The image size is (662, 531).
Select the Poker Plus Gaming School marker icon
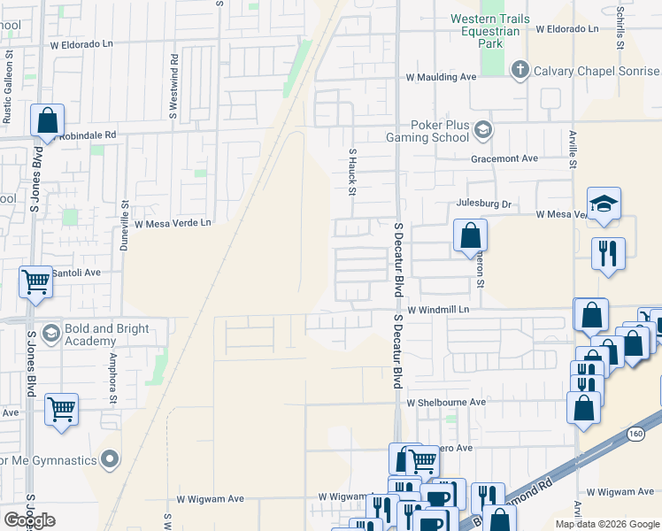pyautogui.click(x=482, y=131)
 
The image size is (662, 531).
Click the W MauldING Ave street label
pyautogui.click(x=442, y=78)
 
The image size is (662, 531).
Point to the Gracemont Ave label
pyautogui.click(x=504, y=158)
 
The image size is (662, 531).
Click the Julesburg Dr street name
pyautogui.click(x=484, y=204)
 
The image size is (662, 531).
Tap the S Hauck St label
pyautogui.click(x=352, y=173)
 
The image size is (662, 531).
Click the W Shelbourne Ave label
pyautogui.click(x=447, y=402)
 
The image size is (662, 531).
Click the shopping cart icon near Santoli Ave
pyautogui.click(x=35, y=282)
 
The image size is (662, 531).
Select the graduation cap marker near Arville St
pyautogui.click(x=604, y=204)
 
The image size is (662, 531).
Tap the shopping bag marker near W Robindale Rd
pyautogui.click(x=47, y=120)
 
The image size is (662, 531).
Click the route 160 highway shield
pyautogui.click(x=635, y=434)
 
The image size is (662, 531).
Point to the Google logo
pyautogui.click(x=29, y=520)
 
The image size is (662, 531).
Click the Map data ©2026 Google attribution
pyautogui.click(x=606, y=524)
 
